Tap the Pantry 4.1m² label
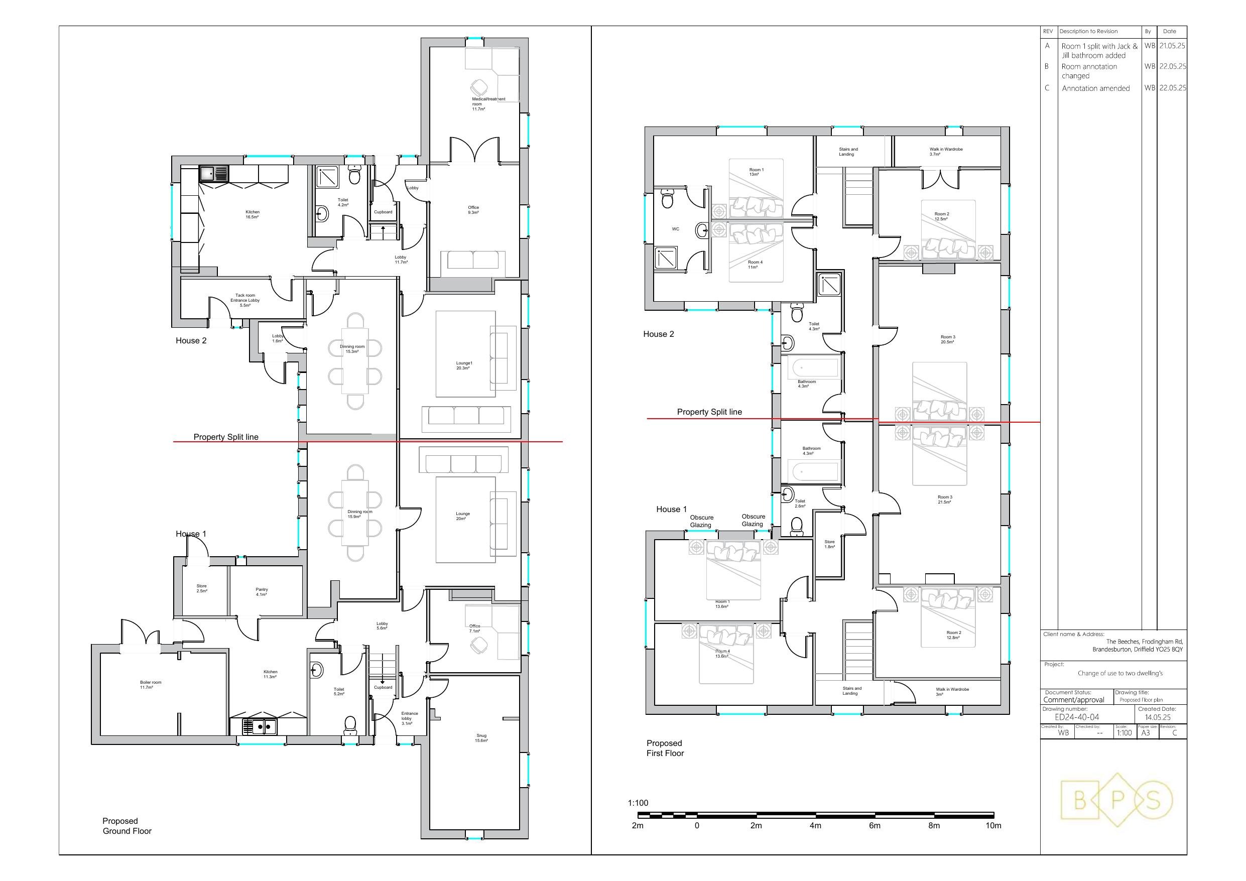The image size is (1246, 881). (262, 592)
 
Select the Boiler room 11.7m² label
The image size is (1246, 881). (150, 685)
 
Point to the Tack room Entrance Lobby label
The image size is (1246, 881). (245, 300)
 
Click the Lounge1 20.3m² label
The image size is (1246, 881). (463, 365)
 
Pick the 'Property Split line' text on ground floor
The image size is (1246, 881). (226, 437)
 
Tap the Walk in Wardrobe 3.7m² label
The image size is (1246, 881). (945, 152)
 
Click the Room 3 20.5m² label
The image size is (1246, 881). (947, 339)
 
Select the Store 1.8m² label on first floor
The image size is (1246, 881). (829, 544)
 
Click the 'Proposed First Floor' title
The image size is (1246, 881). (664, 748)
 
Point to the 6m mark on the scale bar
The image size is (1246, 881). (875, 826)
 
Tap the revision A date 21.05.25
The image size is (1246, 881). (1172, 46)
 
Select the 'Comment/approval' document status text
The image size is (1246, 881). (1073, 700)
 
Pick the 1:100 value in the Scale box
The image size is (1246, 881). (1124, 733)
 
